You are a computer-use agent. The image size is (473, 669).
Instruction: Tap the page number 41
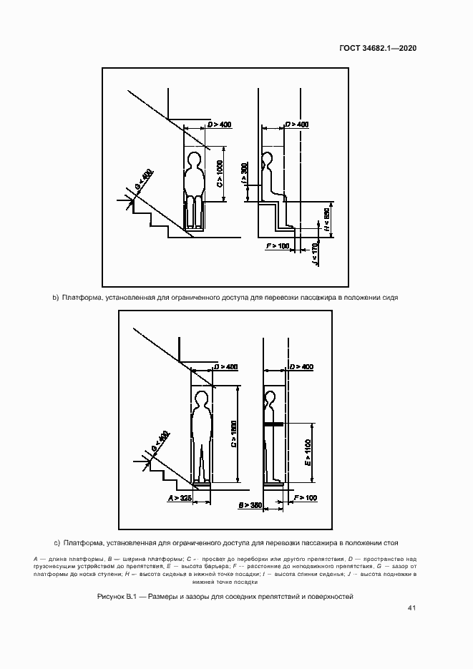(x=411, y=608)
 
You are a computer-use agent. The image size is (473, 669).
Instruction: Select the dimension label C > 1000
(x=220, y=175)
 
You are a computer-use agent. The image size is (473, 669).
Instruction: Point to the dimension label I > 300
(x=245, y=173)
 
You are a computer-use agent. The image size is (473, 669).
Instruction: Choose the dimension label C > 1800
(x=234, y=434)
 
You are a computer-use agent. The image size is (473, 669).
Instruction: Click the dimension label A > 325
(x=180, y=497)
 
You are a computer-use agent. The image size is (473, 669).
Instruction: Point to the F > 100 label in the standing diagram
(x=304, y=497)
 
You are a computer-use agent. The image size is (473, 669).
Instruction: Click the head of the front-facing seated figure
(x=193, y=158)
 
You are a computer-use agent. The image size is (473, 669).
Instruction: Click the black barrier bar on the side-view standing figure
(x=273, y=424)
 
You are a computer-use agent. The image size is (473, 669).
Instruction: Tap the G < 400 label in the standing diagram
(x=160, y=444)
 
